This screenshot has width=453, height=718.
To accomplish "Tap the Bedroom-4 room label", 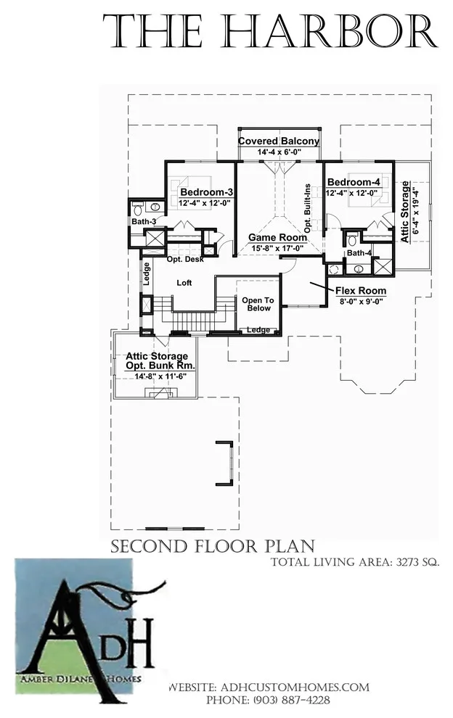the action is tap(354, 182).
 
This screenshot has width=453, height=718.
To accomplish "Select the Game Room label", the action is tap(278, 237).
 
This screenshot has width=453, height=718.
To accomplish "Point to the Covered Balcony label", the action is tap(279, 141).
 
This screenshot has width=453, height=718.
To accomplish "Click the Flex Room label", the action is tap(361, 291).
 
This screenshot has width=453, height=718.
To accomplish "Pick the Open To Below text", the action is tap(258, 304).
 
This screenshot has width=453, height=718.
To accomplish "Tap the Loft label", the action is tap(184, 283).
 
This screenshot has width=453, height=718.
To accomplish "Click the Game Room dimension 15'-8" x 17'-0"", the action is tap(278, 248).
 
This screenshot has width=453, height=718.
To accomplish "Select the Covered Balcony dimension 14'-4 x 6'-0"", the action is tap(279, 152).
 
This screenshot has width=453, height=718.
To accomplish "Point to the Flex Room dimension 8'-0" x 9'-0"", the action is tap(361, 301).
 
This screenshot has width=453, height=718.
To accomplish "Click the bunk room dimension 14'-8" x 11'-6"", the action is tap(157, 376).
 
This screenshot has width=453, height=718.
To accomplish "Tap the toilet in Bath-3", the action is tap(137, 210).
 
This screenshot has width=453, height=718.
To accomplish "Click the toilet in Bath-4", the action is tap(352, 240).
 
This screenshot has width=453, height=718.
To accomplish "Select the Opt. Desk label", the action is tap(185, 259).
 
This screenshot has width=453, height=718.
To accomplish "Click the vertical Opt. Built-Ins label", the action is tap(308, 208).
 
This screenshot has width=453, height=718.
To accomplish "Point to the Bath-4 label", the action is tap(359, 253).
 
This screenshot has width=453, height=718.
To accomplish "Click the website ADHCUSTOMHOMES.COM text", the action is tap(295, 688).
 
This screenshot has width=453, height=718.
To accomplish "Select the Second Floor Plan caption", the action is tap(213, 546).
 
